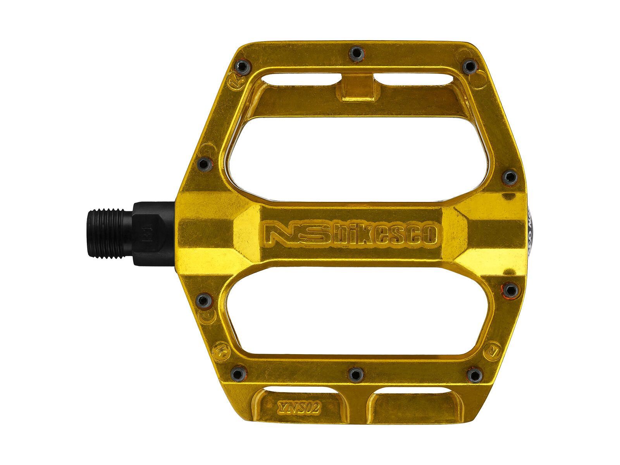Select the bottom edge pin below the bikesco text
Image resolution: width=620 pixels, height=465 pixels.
click(x=355, y=374)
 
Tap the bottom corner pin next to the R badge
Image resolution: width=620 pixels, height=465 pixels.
click(x=473, y=374)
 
